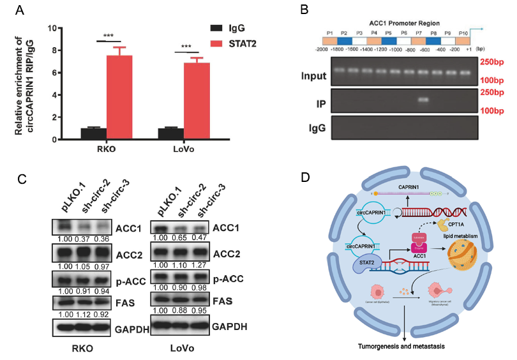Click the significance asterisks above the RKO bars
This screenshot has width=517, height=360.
[107, 36]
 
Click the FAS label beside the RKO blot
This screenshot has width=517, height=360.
[127, 302]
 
